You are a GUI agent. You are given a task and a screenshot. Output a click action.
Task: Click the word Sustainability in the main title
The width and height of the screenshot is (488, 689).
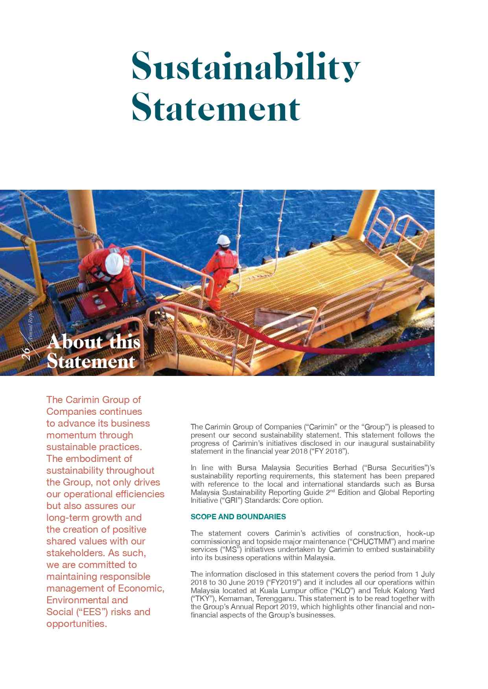pyautogui.click(x=246, y=67)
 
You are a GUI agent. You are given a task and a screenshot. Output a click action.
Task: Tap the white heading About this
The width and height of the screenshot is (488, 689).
pyautogui.click(x=94, y=343)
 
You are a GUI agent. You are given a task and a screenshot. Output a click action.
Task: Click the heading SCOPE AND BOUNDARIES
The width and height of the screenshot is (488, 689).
pyautogui.click(x=238, y=517)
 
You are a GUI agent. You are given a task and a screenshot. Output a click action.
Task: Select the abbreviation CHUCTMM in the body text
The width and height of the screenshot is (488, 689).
pyautogui.click(x=366, y=541)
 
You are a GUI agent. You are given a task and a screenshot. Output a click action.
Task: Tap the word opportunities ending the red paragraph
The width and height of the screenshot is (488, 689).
pyautogui.click(x=76, y=623)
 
